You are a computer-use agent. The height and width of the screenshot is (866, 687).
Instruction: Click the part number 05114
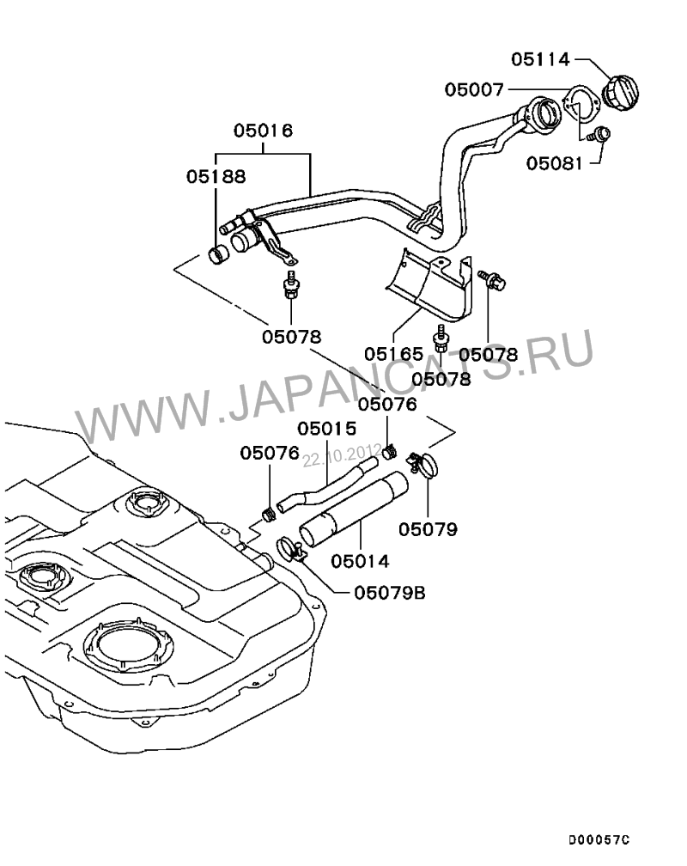[540, 59]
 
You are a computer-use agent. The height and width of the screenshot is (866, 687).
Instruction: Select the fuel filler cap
[622, 91]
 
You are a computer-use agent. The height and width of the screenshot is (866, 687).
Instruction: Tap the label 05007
[475, 88]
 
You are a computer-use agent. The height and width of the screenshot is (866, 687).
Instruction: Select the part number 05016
[263, 131]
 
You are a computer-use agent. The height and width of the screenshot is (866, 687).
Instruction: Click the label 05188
[216, 176]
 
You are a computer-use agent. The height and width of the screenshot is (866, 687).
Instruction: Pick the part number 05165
[393, 353]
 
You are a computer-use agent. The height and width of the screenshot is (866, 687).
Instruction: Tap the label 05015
[327, 428]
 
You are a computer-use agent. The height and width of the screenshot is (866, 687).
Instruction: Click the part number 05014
[360, 561]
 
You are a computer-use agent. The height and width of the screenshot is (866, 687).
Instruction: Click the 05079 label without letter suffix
[434, 528]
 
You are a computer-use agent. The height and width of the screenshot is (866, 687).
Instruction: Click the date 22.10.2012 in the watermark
[341, 454]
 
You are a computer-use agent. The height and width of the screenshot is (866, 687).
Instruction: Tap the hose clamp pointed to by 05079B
[289, 547]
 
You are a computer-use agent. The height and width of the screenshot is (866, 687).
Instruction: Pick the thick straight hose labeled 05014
[352, 509]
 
